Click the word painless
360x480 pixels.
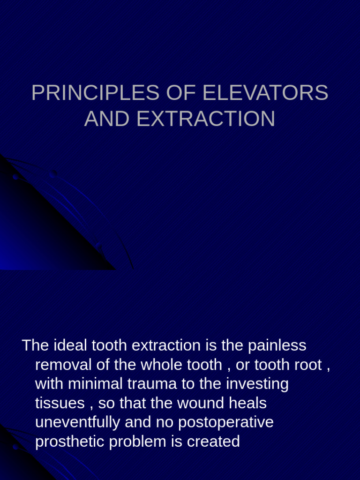(277, 345)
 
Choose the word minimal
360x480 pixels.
(95, 384)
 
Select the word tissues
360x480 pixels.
(60, 403)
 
